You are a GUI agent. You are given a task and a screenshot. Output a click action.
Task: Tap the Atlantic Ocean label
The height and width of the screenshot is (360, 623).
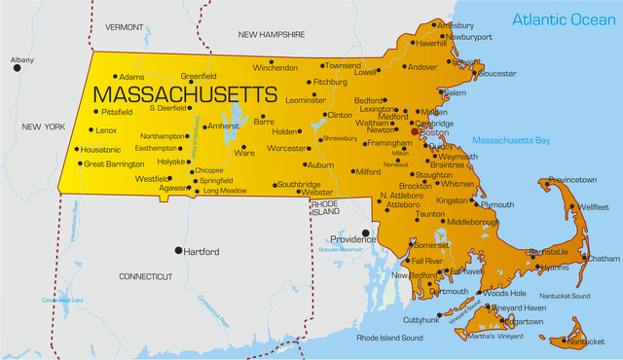click(565, 19)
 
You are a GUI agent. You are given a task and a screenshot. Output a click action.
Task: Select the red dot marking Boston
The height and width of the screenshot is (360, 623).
click(415, 131)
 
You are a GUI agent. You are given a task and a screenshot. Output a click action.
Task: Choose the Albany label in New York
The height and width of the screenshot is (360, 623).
click(21, 60)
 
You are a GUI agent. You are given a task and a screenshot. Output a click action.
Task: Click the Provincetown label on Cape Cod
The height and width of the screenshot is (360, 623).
click(585, 180)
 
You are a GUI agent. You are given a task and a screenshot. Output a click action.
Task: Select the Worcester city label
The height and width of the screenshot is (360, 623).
click(287, 149)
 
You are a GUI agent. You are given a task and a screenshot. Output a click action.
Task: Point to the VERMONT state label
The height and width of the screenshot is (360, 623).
click(124, 27)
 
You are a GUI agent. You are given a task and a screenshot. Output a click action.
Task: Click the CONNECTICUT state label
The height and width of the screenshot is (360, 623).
click(145, 276)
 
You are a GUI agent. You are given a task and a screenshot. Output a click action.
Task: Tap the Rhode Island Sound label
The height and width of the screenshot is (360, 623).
click(389, 338)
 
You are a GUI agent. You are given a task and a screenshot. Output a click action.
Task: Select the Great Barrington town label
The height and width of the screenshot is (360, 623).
click(114, 164)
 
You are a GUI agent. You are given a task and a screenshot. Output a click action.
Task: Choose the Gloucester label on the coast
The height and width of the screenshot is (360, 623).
click(497, 73)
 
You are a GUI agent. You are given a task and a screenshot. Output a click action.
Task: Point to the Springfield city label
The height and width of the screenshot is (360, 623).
click(216, 181)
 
